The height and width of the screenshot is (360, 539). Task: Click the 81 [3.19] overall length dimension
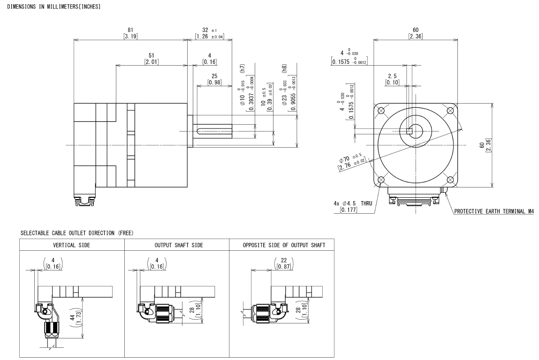(130, 33)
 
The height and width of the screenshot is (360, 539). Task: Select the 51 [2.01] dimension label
(151, 59)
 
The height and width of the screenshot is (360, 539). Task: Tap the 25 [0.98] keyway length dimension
(214, 79)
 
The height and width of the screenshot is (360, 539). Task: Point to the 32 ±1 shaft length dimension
(209, 33)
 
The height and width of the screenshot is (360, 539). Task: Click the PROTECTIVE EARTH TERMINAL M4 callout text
(494, 211)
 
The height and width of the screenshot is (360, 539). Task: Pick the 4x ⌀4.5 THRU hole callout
(353, 206)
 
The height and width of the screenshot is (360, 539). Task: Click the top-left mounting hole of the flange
(381, 111)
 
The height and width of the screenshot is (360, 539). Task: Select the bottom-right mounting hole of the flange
(451, 180)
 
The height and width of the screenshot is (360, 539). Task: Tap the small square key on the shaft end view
(409, 131)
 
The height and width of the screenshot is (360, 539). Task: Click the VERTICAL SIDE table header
(71, 245)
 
